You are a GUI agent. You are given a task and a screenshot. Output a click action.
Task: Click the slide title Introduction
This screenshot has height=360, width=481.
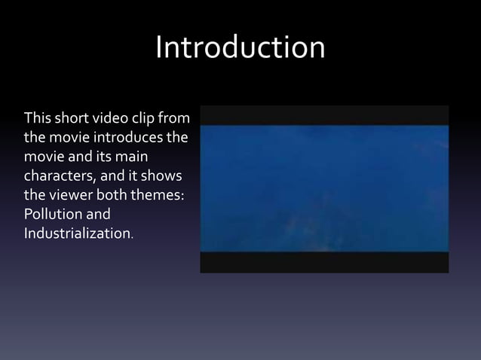tap(240, 48)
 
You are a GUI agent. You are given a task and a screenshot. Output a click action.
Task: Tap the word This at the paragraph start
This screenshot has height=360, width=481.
tap(38, 120)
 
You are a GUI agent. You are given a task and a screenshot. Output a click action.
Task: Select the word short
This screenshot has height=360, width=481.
tap(72, 120)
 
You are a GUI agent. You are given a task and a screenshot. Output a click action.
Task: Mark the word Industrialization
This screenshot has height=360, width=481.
tap(77, 234)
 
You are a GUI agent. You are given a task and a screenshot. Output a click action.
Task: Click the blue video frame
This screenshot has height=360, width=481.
tap(324, 188)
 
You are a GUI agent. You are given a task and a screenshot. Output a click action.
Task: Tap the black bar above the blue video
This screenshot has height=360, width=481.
tap(324, 114)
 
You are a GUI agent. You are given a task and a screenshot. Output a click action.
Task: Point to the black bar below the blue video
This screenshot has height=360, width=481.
tap(324, 262)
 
